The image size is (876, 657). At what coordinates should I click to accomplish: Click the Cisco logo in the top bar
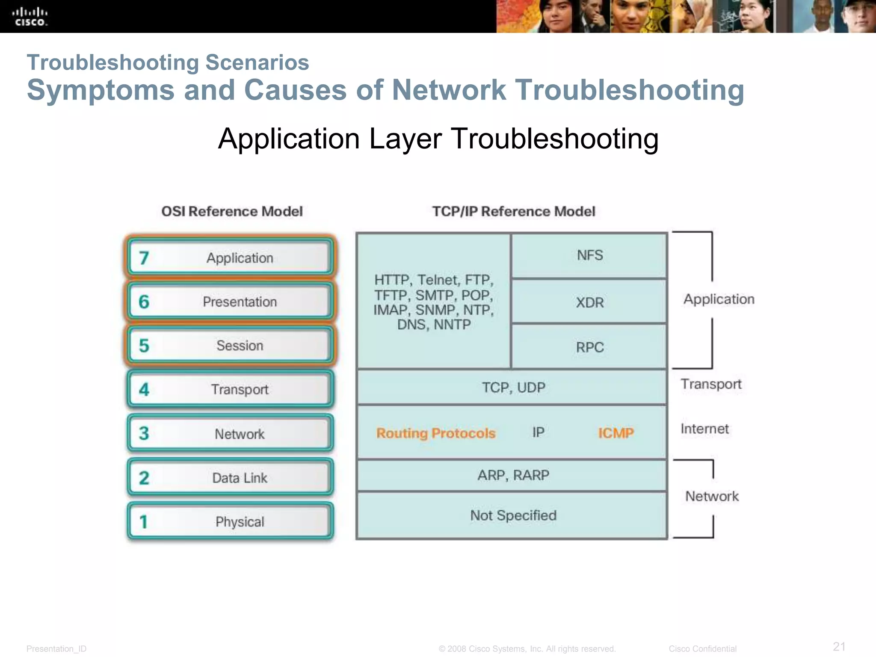coord(30,17)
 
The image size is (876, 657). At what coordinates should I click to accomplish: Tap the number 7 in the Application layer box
coord(144,258)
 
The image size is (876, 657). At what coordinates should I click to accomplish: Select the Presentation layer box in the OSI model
coord(231,302)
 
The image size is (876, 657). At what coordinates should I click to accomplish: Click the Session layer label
coord(240,346)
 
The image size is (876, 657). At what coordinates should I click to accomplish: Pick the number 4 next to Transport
coord(144,390)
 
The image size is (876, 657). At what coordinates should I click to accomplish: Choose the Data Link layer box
coord(231,477)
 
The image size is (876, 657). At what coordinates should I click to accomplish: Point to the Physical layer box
coord(231,521)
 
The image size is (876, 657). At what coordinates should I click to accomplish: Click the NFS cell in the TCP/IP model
coord(589,255)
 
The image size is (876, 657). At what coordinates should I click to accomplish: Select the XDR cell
coord(589,302)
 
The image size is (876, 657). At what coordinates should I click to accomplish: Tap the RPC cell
coord(589,347)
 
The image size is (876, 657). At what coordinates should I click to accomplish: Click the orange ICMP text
coord(616,433)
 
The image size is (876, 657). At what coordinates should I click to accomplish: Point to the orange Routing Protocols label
coord(435,433)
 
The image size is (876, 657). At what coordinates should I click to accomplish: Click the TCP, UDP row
coord(512,388)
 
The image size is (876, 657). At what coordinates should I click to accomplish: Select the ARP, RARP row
coord(512,475)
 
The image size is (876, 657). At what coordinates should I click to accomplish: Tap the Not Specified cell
coord(512,515)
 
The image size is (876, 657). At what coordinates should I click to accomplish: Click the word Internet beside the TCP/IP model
coord(704,429)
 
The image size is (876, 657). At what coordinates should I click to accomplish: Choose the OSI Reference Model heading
coord(232,211)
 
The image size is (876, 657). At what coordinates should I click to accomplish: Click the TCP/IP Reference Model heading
coord(513,211)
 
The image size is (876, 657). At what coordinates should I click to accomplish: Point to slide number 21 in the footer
coord(839,646)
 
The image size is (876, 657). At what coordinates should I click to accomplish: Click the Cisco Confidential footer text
coord(702,649)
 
